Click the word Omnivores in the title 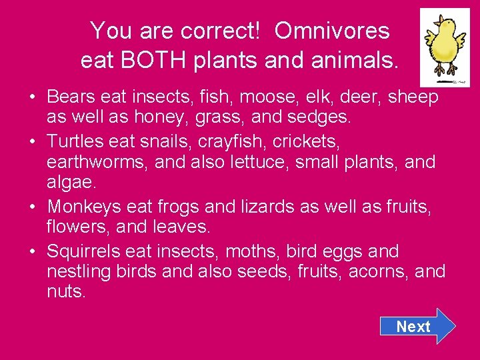[331, 30]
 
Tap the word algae [69, 183]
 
